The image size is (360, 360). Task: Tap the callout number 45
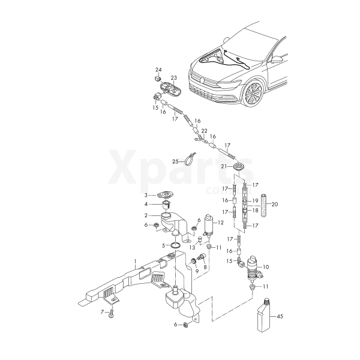coord(280,316)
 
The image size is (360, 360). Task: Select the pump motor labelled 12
coord(209,226)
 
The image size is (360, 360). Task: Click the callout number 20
coord(274,204)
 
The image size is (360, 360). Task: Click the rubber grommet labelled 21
coord(239,166)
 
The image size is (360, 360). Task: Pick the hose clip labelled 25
coord(190,158)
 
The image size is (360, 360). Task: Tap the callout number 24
coord(158,70)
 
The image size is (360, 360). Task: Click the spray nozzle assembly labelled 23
coord(170,89)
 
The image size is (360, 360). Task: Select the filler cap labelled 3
coord(164,195)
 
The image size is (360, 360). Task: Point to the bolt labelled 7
coord(112,313)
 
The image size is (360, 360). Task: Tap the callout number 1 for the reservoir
coord(136,261)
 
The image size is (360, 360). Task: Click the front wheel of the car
coord(253,94)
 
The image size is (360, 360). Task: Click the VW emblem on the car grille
coord(202,80)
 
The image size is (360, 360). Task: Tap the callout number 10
coord(266,267)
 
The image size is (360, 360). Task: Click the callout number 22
coord(204,131)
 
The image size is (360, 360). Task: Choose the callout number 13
coord(192,247)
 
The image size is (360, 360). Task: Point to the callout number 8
coord(205,267)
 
